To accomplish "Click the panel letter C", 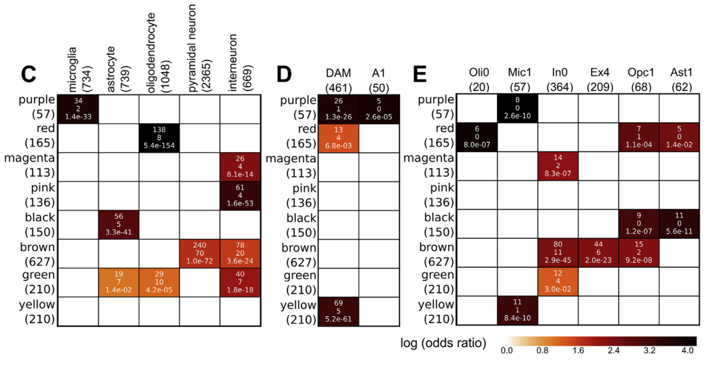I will [27, 75].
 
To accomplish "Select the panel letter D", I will [285, 75].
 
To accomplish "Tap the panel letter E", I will [421, 75].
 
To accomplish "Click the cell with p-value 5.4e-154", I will [159, 137].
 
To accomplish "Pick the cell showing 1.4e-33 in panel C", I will [78, 108].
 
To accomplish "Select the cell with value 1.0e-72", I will [199, 253].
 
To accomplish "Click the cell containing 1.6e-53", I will [239, 195].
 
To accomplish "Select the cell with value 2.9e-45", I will [558, 253].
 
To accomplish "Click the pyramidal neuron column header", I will [199, 43].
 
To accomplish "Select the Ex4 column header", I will [598, 79].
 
